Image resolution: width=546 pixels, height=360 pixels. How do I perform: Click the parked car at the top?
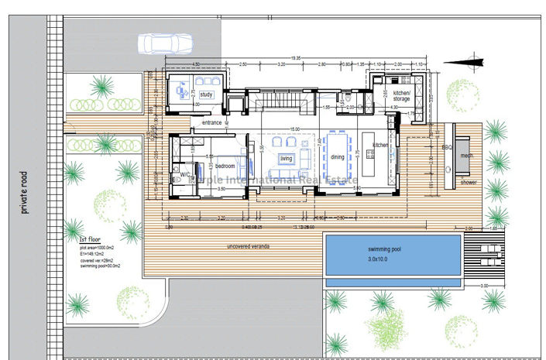pos(164,43)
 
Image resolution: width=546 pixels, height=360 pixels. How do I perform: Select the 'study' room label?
pos(206,94)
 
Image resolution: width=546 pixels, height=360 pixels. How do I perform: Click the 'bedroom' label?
pos(225,166)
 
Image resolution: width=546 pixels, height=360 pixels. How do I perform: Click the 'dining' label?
pos(338,157)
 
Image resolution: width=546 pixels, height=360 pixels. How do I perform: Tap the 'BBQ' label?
pos(446,146)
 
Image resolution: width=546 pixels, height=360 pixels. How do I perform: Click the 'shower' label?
pos(469,183)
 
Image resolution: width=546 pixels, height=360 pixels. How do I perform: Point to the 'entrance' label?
pos(213,123)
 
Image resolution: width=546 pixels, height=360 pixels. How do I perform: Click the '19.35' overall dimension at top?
pos(297,58)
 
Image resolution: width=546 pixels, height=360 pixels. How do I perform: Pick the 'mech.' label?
pos(465,155)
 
